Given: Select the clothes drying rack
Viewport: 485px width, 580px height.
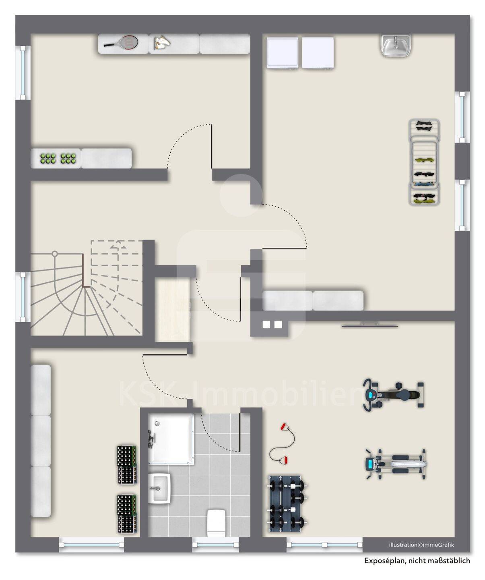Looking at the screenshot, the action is point(424,162).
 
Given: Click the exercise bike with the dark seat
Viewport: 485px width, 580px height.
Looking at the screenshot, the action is point(393,394).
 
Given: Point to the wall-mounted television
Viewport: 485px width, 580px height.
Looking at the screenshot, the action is point(370,325).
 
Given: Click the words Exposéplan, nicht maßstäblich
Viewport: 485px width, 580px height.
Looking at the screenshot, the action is point(417,561).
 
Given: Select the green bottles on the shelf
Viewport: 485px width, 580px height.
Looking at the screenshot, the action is point(58,158).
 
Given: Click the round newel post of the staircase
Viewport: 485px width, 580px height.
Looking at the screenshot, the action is point(55,253).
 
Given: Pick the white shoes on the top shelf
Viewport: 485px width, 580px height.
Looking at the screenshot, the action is point(162,43).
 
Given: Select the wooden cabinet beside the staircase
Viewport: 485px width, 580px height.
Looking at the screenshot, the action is point(172,309).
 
